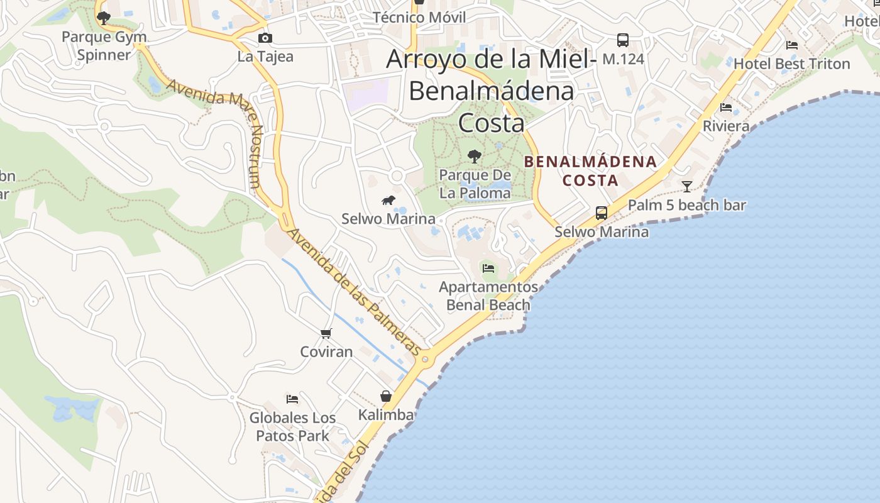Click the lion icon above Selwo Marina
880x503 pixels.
[388, 201]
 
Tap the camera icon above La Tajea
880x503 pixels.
[265, 38]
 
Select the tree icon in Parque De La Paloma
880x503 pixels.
[475, 156]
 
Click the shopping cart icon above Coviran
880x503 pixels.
[326, 333]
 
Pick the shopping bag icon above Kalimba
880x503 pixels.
[386, 396]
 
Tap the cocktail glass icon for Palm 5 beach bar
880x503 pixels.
[687, 186]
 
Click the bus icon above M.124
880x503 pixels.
[623, 40]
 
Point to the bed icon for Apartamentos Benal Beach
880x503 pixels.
[488, 268]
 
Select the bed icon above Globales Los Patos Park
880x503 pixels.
[292, 399]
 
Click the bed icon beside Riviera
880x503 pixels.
[726, 108]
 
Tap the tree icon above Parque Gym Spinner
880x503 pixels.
[104, 18]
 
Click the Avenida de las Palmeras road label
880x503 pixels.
[354, 290]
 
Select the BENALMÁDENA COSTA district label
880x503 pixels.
[590, 171]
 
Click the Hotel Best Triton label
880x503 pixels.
[791, 64]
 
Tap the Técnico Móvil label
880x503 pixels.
[419, 17]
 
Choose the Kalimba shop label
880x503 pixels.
[386, 414]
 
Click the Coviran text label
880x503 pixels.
[326, 351]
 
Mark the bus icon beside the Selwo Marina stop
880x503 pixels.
[602, 213]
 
